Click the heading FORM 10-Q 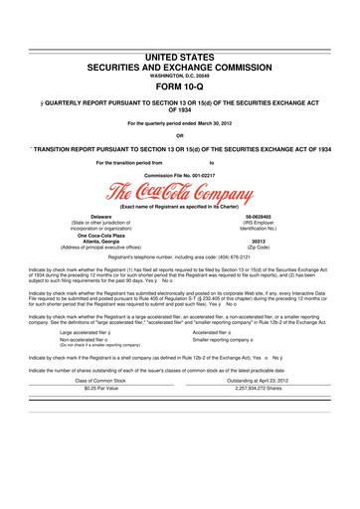tap(180, 83)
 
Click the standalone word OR tap(179, 135)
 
